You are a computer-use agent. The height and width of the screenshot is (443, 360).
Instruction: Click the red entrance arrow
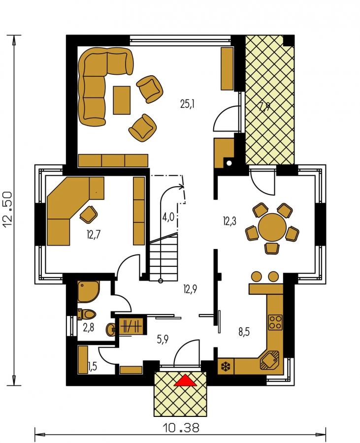[x=186, y=380]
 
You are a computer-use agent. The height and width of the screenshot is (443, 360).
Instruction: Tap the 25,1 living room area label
[x=187, y=104]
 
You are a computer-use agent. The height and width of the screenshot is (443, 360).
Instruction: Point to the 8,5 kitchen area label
[x=244, y=332]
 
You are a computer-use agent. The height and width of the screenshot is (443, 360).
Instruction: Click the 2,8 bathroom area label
[x=89, y=328]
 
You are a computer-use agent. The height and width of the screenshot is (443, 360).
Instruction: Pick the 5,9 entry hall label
[x=163, y=339]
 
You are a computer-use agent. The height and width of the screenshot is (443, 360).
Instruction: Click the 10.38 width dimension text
[x=181, y=428]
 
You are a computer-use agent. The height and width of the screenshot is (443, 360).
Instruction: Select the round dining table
[x=272, y=227]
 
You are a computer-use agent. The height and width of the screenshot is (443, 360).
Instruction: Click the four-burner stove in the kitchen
[x=275, y=322]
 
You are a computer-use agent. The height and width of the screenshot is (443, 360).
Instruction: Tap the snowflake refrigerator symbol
[x=226, y=367]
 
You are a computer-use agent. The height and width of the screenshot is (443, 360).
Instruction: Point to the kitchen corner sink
[x=269, y=360]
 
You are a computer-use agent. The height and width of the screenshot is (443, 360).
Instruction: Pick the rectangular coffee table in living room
[x=122, y=100]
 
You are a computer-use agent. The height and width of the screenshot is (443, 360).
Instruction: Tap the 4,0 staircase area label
[x=168, y=218]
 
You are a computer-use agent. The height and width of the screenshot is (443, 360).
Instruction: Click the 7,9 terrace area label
[x=264, y=107]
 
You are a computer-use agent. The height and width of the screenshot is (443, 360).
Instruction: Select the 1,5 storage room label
[x=93, y=366]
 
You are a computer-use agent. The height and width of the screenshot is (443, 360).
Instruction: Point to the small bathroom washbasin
[x=111, y=329]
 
